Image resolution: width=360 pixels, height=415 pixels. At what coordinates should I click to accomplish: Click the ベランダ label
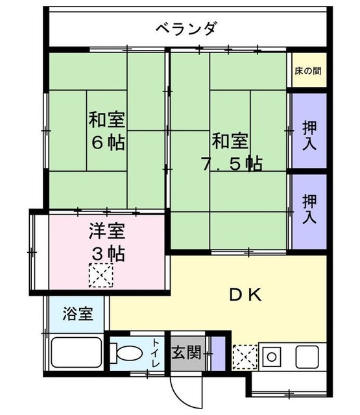[186, 29]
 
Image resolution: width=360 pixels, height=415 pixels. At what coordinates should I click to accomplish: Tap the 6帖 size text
[108, 143]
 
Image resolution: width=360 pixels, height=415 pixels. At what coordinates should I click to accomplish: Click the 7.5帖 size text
[232, 163]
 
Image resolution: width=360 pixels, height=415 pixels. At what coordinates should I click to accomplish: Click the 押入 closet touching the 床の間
[308, 133]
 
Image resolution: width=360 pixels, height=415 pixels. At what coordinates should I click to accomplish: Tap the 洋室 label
[108, 231]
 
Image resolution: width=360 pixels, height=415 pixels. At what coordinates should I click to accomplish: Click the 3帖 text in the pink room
[108, 253]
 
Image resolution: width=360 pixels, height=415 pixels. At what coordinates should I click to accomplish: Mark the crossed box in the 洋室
[101, 277]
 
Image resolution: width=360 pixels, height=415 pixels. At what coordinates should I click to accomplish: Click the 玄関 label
[186, 354]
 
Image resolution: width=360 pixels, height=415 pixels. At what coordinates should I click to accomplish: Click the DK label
[245, 295]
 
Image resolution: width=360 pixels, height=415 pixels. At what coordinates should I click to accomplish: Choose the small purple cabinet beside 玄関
[218, 354]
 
